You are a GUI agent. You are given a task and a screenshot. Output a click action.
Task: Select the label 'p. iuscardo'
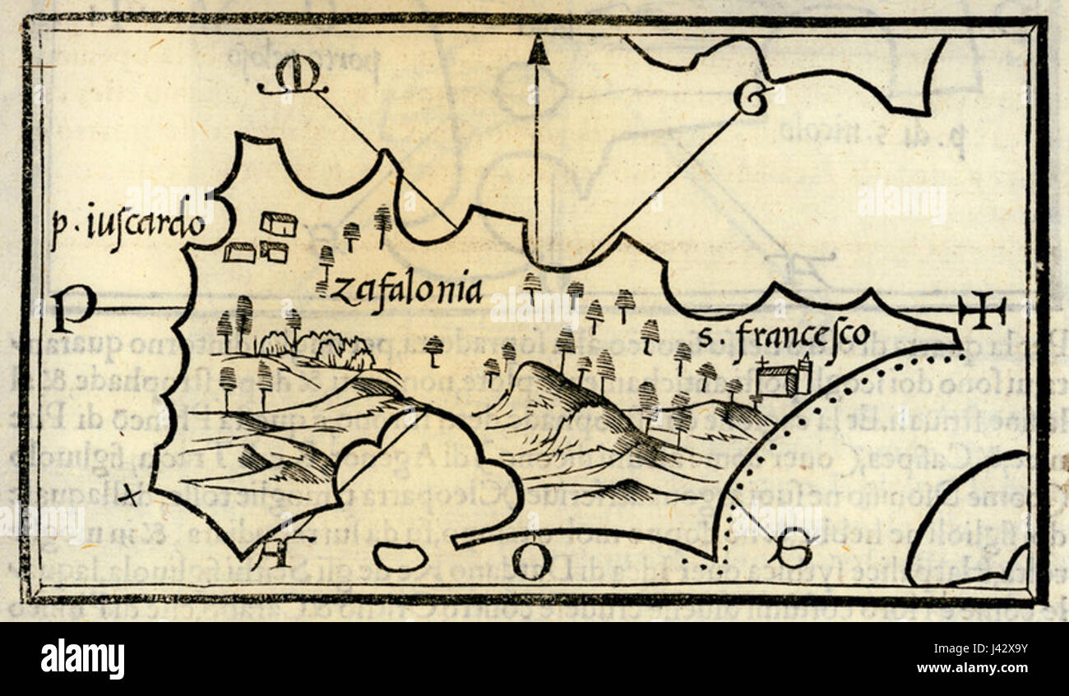(127, 224)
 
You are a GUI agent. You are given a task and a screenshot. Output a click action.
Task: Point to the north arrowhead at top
(538, 51)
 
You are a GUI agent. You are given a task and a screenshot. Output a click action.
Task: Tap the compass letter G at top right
(749, 100)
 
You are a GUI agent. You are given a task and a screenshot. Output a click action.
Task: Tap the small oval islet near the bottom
(400, 558)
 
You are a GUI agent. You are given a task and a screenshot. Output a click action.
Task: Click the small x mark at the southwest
(129, 495)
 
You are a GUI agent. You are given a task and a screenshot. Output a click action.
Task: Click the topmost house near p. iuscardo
(278, 224)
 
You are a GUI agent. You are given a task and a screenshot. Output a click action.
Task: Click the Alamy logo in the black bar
(82, 659)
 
